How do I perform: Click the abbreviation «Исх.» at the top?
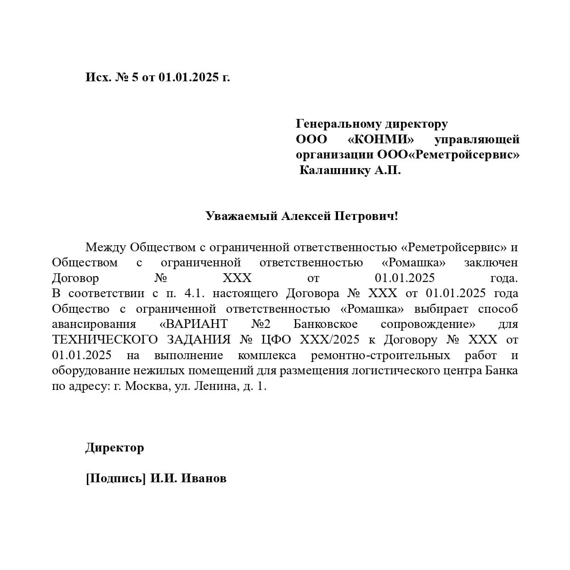coord(98,77)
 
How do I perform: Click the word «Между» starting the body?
coord(106,247)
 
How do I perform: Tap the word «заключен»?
coord(491,263)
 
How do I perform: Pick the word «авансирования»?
coord(94,324)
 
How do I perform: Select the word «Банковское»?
coord(325,324)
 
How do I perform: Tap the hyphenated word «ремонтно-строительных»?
coord(380,355)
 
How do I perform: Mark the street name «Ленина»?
coord(215,386)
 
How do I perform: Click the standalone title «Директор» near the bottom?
coord(114,447)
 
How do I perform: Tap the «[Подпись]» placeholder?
coord(116,479)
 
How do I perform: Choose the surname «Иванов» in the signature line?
coord(204,479)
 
